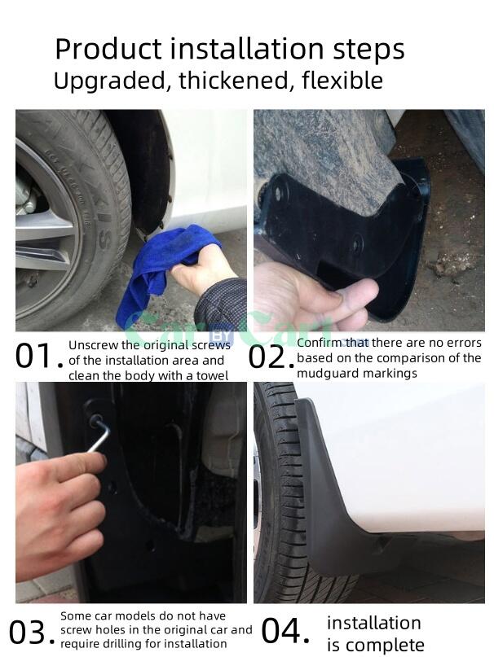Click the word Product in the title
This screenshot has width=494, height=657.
(x=108, y=49)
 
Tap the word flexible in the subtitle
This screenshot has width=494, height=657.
(x=342, y=80)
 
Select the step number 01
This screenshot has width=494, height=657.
(x=38, y=357)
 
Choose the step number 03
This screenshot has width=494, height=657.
(x=32, y=633)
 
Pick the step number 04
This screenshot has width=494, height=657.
(x=285, y=631)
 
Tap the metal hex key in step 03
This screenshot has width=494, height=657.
(x=99, y=434)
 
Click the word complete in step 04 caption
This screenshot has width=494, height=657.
(x=382, y=646)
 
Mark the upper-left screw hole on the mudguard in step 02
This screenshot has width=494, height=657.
(x=278, y=193)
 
